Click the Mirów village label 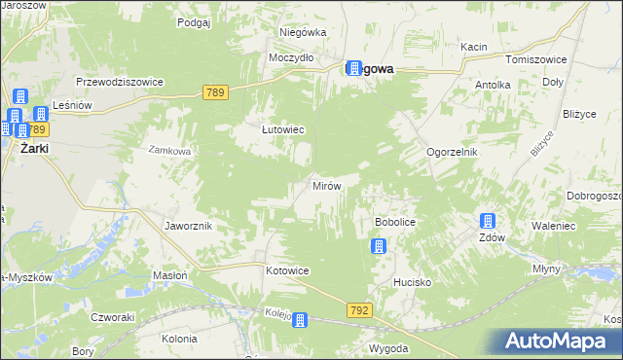tap(325, 185)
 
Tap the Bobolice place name tap(395, 223)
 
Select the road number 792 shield tap(357, 310)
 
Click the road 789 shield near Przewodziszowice tap(217, 92)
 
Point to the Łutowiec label tap(284, 128)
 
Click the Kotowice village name tap(287, 270)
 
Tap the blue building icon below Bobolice tap(378, 247)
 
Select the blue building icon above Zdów tap(487, 222)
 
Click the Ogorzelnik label tap(456, 153)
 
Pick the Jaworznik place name tap(189, 226)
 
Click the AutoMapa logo tap(558, 341)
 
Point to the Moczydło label tap(291, 57)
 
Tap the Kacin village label tap(474, 47)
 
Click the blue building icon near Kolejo tap(301, 320)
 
